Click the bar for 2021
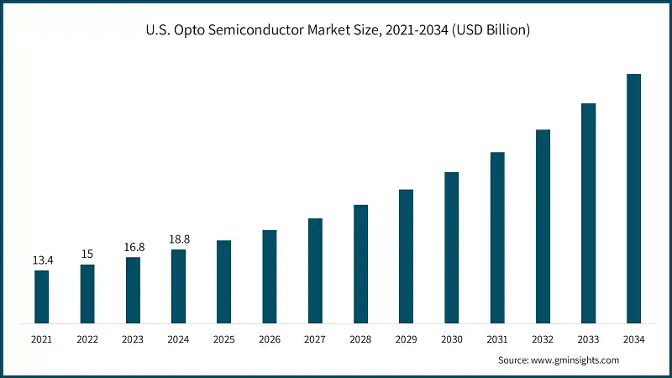(41, 297)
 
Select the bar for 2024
(178, 286)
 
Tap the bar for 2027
(315, 270)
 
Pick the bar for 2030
(452, 247)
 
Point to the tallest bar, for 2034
(634, 198)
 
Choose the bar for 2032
(543, 226)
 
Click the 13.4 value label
(42, 260)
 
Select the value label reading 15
(87, 255)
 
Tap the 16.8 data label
(133, 247)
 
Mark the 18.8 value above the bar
(178, 239)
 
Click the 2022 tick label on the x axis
(87, 339)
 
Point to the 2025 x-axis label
(224, 339)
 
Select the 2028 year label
(360, 339)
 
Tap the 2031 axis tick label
(497, 339)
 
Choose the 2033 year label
(589, 339)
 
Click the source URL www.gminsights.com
(576, 360)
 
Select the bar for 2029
(406, 256)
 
